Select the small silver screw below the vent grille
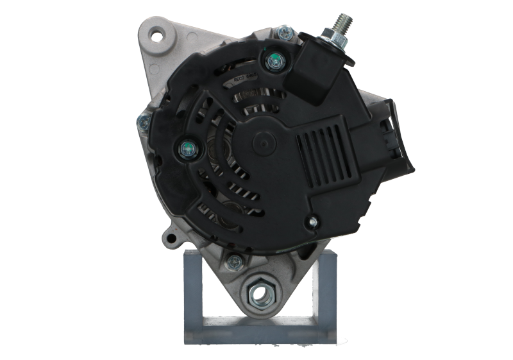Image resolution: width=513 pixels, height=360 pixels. [x=312, y=221]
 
